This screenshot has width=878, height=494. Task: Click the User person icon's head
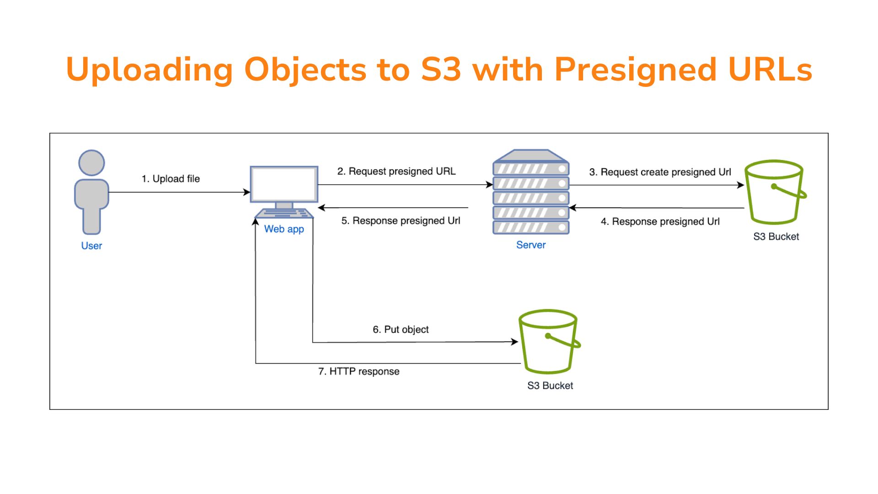(x=91, y=163)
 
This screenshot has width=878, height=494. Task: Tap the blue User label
(x=91, y=246)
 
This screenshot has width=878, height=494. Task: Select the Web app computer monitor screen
(x=284, y=184)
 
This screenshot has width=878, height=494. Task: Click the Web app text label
(x=284, y=229)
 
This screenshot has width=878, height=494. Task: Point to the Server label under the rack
(x=531, y=245)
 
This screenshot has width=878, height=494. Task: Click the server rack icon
(x=531, y=192)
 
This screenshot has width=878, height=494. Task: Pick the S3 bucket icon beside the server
(x=774, y=192)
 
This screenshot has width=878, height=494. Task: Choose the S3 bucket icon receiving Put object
(x=548, y=342)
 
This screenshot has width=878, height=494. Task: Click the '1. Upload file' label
(x=171, y=179)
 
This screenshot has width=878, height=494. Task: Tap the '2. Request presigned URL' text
(x=396, y=172)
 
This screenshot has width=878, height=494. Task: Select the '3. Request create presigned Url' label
(x=660, y=172)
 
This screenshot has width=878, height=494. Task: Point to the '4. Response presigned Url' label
(x=660, y=222)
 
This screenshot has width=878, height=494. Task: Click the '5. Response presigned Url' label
(x=401, y=221)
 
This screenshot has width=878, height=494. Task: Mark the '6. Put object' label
(x=401, y=329)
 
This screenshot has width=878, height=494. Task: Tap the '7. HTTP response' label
(x=359, y=371)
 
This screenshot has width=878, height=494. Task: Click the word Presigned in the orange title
(x=635, y=70)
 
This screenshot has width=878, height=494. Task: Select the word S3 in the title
(x=441, y=70)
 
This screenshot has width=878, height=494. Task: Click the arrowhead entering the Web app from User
(x=247, y=192)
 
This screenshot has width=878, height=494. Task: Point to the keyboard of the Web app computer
(x=284, y=214)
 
